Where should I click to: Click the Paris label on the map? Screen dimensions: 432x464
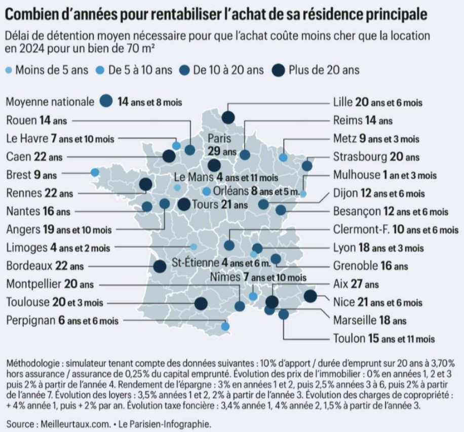tap(219, 138)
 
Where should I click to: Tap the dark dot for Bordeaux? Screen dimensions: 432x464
tap(160, 266)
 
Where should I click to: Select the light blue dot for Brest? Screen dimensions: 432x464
tap(95, 172)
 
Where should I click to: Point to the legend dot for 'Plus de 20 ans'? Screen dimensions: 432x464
tap(278, 69)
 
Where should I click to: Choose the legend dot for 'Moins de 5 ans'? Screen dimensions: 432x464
tap(8, 70)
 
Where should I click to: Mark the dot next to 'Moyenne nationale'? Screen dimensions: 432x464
tap(106, 101)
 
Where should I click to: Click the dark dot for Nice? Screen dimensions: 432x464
tap(310, 297)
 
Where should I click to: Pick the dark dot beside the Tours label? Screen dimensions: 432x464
tap(184, 205)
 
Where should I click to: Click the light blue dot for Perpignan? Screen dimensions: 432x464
tap(225, 326)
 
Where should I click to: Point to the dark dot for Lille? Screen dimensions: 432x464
tap(228, 117)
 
